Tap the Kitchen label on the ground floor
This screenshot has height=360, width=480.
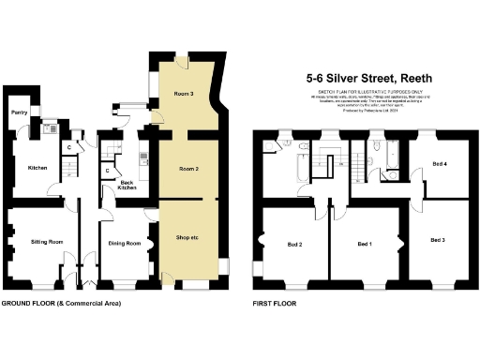pos(37,168)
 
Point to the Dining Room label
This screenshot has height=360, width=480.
pos(125,244)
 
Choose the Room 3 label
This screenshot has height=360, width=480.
pos(184,94)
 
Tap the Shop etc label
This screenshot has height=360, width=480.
pos(189,236)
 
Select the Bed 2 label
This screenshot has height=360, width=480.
pos(293,245)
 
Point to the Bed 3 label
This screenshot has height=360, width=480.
pos(438,240)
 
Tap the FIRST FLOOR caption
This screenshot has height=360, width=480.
pos(275,304)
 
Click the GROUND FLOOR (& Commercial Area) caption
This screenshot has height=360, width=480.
pos(61,304)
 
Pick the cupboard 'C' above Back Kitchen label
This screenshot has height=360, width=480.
pos(109,170)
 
